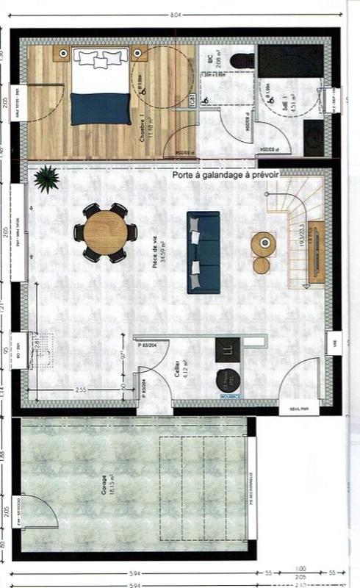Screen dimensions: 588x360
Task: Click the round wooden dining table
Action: (105, 232)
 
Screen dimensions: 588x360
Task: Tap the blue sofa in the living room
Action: (204, 251)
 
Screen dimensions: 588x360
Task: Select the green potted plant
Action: (46, 178)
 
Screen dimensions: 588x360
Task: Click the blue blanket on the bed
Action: (100, 107)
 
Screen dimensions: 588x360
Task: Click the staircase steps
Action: (298, 213)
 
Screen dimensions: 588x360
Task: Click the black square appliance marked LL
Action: (228, 350)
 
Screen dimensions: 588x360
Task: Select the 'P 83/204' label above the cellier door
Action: (148, 344)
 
